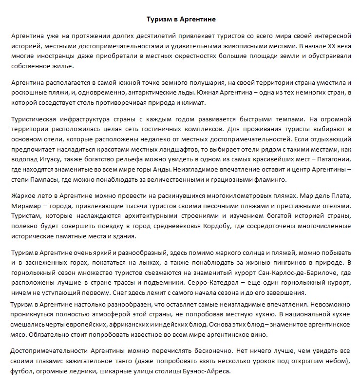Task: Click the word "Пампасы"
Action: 46,179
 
